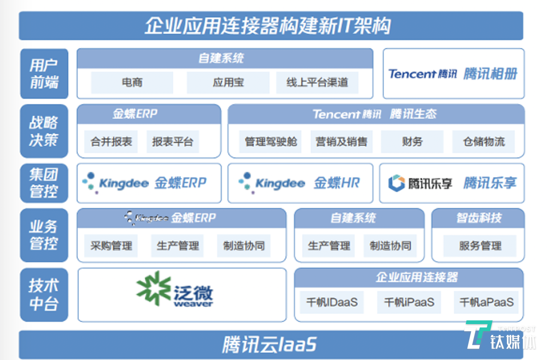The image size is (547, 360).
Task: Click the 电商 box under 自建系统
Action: [x=132, y=83]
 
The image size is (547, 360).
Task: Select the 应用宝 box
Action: [x=228, y=83]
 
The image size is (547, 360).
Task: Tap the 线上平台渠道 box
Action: [x=317, y=83]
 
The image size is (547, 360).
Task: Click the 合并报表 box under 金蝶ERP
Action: [x=111, y=142]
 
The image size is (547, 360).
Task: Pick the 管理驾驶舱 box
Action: [x=271, y=142]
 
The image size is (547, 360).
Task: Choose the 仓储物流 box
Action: [x=483, y=142]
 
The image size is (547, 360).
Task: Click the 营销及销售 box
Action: [x=341, y=142]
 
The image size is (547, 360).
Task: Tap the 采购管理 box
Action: [x=111, y=246]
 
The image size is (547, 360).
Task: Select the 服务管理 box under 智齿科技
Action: [x=480, y=246]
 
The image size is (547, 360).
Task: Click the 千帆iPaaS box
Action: [x=409, y=302]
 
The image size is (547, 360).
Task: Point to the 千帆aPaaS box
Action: [x=486, y=302]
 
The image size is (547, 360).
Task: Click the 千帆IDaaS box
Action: [x=332, y=302]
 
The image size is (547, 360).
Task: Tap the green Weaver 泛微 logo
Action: [x=174, y=290]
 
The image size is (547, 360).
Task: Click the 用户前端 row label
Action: [x=44, y=74]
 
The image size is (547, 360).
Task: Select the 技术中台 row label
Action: [x=44, y=295]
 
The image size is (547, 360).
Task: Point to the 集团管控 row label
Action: [x=44, y=183]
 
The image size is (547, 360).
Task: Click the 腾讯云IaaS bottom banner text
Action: [x=269, y=344]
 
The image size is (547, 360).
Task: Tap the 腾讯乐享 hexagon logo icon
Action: [x=396, y=183]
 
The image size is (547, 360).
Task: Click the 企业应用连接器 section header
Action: [x=417, y=277]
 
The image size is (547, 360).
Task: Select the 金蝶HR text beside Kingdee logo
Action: [x=336, y=183]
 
